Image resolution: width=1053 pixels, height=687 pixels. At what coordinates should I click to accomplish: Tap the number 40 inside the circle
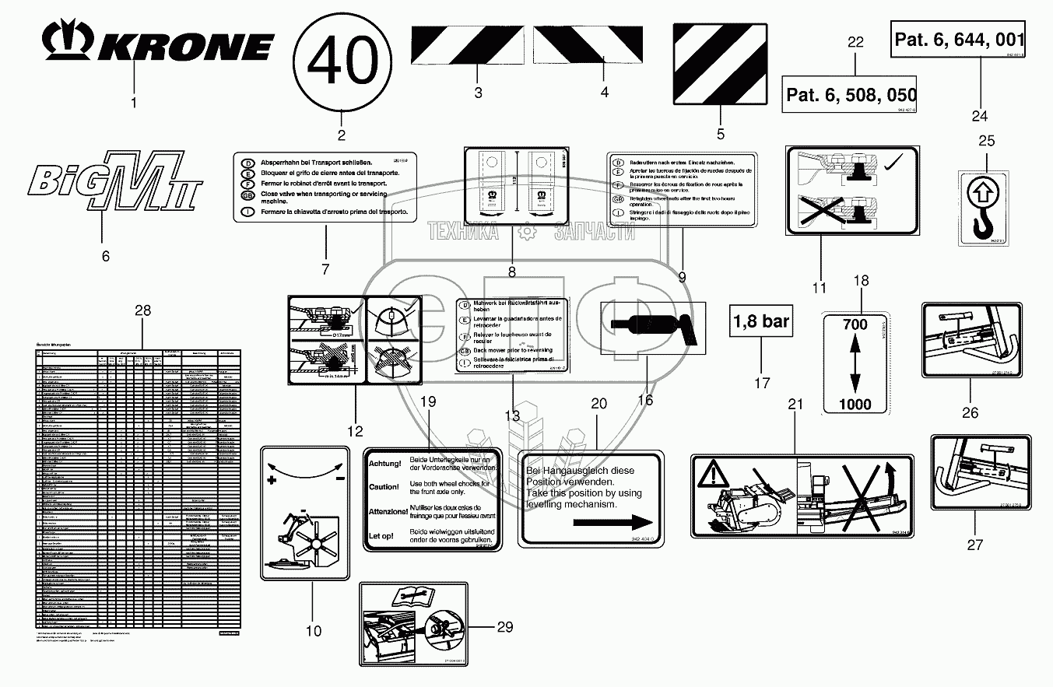[x=342, y=62]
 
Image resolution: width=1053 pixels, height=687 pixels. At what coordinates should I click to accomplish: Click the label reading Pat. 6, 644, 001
[x=959, y=40]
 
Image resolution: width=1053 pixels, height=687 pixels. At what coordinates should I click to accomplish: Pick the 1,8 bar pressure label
[x=761, y=320]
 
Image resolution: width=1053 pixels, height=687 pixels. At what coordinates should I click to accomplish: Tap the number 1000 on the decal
[x=855, y=404]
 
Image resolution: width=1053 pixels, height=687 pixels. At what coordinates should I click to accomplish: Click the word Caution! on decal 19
[x=384, y=487]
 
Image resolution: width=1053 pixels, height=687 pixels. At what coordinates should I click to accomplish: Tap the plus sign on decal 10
[x=272, y=481]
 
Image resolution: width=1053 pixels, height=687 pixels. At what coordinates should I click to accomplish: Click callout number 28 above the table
[x=142, y=310]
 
